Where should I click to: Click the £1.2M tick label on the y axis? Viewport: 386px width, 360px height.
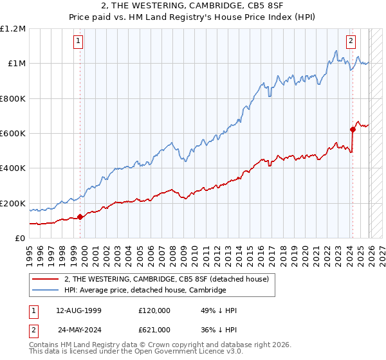13,29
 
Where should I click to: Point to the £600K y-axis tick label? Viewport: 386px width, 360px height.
13,134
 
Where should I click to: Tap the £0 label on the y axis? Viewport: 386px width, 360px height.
20,239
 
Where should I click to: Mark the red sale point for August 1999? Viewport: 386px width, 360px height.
80,217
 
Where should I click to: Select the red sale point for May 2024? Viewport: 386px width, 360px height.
353,129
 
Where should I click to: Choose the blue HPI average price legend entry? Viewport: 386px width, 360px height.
145,291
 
